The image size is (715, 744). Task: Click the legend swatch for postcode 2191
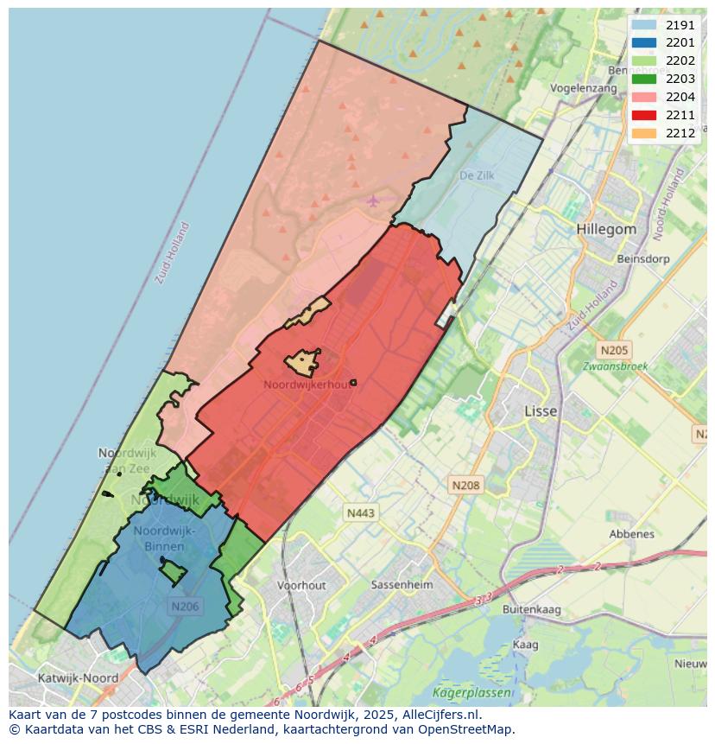643,25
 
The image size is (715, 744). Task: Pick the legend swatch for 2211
643,115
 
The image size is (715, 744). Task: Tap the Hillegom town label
606,230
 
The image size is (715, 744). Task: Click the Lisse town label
541,411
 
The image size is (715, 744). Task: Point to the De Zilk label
477,175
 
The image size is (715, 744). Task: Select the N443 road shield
361,513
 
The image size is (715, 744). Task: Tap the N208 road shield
465,486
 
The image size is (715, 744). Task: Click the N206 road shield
185,607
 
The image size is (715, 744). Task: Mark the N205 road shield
614,350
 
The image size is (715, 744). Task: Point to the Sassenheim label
401,585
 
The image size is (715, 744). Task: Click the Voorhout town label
301,585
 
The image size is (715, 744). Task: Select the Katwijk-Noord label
79,678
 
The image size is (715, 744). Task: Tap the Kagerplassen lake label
471,693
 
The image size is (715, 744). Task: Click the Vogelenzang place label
584,88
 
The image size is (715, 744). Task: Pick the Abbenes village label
631,534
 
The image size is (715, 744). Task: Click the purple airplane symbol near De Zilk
372,201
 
